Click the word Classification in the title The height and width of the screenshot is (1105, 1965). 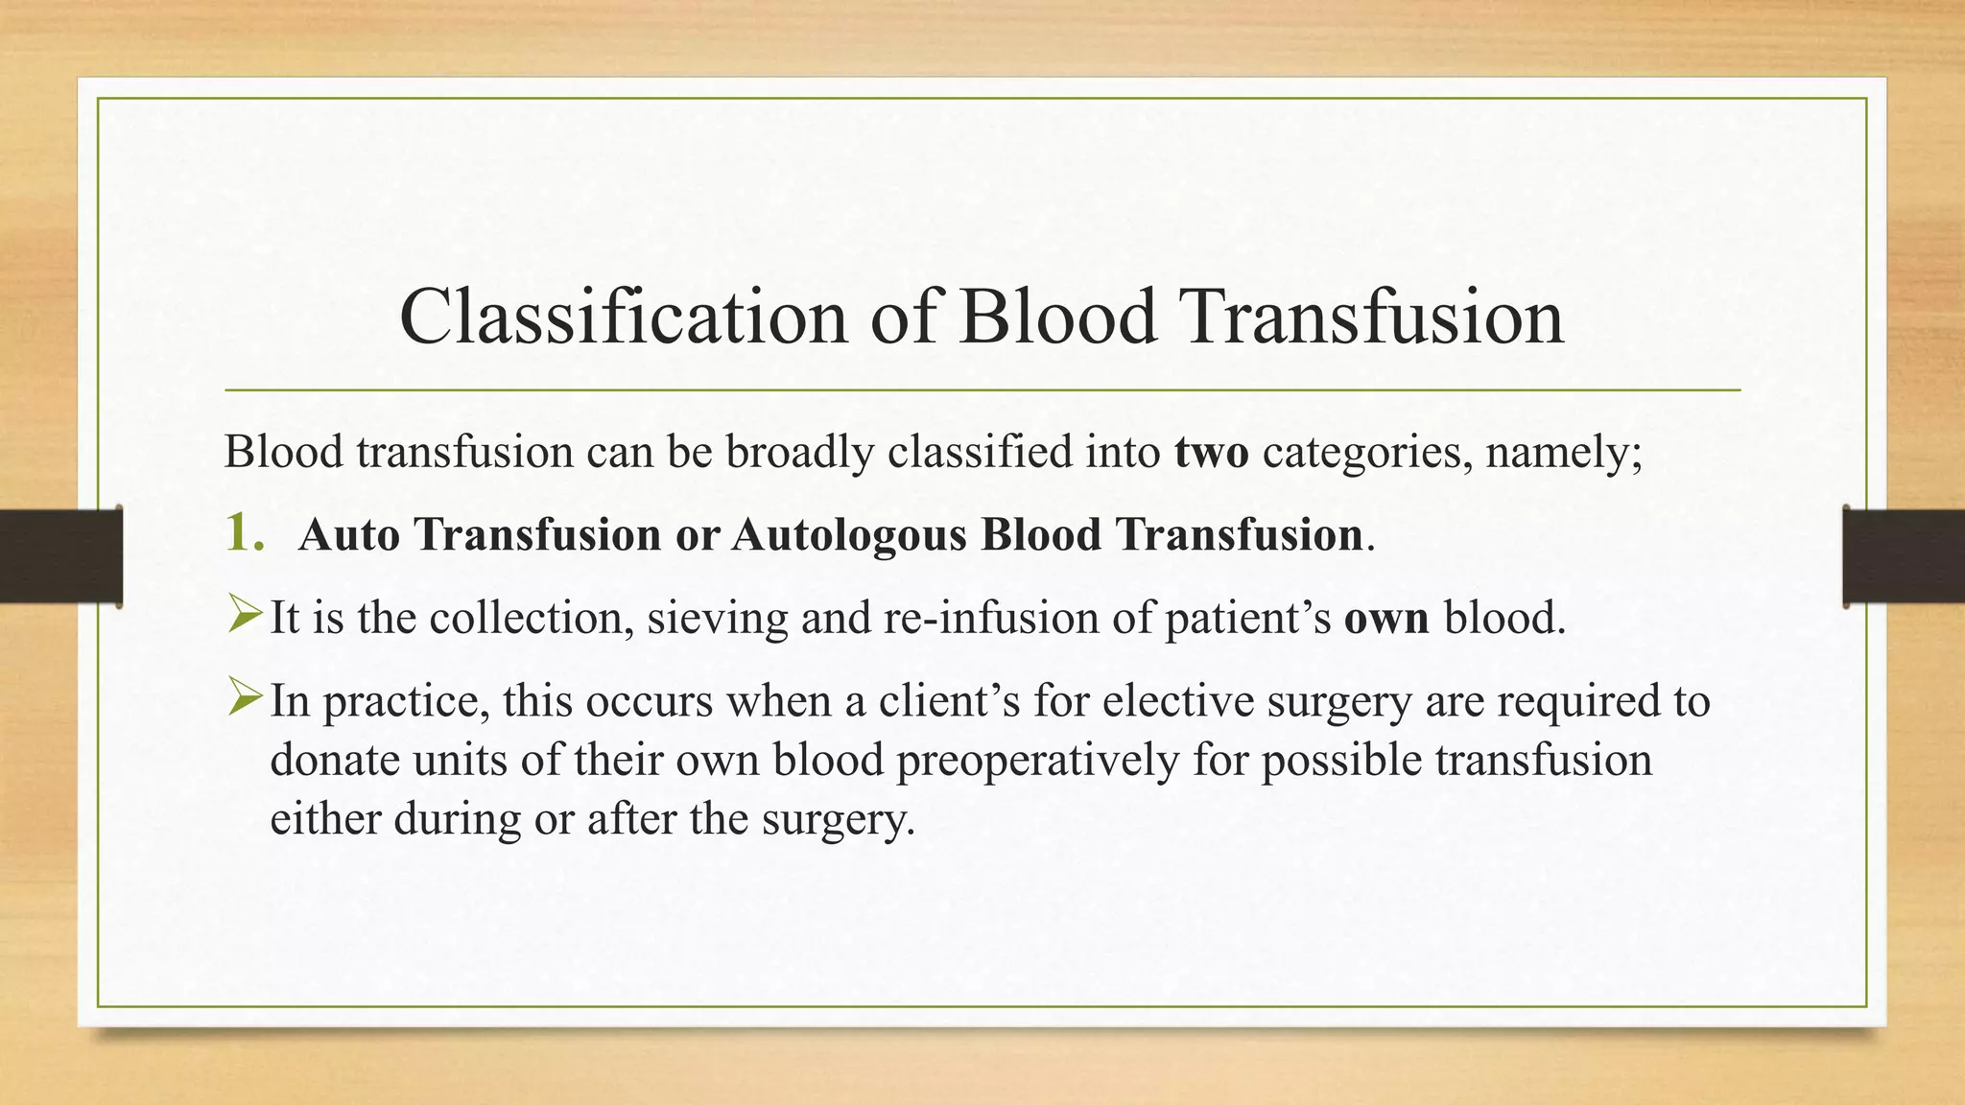click(x=623, y=317)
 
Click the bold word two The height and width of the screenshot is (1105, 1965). click(x=1211, y=452)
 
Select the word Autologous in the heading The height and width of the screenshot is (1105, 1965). click(x=848, y=535)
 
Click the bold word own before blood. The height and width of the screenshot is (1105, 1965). click(x=1385, y=619)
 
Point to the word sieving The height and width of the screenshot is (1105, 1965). click(x=717, y=619)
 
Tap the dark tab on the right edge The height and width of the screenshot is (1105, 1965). click(x=1904, y=556)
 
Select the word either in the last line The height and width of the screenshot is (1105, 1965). click(x=324, y=819)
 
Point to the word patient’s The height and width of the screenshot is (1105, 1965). click(x=1247, y=619)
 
